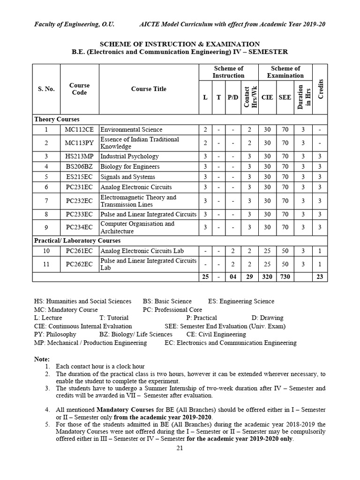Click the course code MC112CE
(79, 130)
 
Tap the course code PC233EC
(79, 214)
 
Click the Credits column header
(321, 89)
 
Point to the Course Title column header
(149, 89)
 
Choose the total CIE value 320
(267, 277)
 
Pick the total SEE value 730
(285, 277)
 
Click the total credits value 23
(320, 277)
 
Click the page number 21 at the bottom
(180, 448)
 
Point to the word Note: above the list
(42, 359)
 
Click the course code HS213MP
(79, 156)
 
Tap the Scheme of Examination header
(285, 72)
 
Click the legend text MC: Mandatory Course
(66, 310)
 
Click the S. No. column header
(46, 89)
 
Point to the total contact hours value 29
(249, 277)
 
